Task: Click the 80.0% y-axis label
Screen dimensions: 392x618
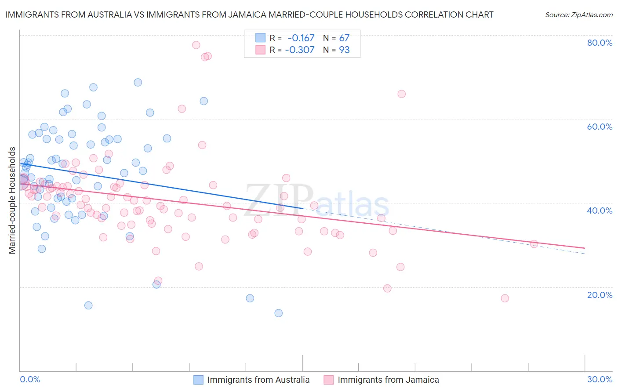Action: pos(600,43)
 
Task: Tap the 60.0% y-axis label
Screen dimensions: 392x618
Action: pos(600,127)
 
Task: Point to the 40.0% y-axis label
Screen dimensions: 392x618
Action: pos(600,211)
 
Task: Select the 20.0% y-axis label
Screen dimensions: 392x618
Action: pos(600,294)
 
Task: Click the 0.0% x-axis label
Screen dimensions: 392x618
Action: pos(30,379)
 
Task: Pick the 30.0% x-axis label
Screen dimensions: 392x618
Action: pos(600,379)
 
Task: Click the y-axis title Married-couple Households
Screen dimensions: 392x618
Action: pos(12,200)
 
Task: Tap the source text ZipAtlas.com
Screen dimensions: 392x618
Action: pos(578,15)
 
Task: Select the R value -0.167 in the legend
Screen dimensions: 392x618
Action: pos(301,38)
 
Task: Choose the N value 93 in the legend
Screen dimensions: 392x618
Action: pos(344,50)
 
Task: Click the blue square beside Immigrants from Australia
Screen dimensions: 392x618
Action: pos(199,380)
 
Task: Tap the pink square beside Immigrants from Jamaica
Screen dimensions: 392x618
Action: pos(329,380)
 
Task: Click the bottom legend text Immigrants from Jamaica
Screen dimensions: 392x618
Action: pos(388,380)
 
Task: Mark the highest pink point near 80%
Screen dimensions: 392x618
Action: pos(196,45)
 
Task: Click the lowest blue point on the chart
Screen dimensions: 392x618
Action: pos(278,313)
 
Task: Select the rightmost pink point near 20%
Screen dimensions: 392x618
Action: pos(505,298)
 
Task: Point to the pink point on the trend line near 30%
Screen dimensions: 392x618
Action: pos(534,243)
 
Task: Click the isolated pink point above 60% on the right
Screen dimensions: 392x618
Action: pos(401,94)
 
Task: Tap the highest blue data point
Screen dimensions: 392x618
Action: pos(138,82)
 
